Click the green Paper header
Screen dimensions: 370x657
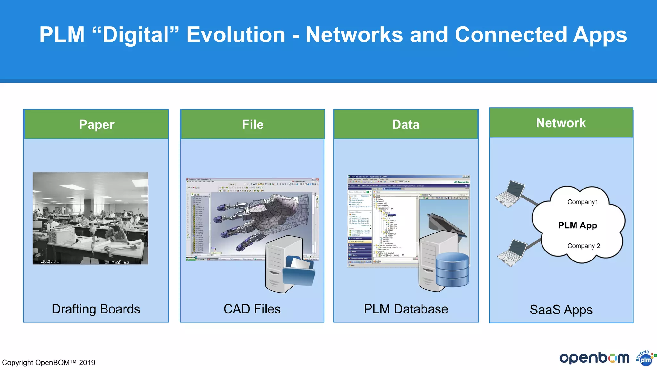[x=96, y=125]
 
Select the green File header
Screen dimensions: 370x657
[x=252, y=125]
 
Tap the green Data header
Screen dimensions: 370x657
[x=406, y=125]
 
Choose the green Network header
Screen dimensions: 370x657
[x=561, y=123]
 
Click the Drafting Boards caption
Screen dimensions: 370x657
[x=96, y=309]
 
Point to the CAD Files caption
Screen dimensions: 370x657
[x=252, y=309]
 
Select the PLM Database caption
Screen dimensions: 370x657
[x=406, y=309]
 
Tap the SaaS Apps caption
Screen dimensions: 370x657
[x=561, y=310]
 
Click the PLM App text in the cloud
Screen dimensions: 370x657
[x=577, y=225]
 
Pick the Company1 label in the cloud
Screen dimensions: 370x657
[x=583, y=202]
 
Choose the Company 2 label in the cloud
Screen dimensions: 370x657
[x=584, y=246]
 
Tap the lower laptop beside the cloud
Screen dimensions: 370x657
[x=513, y=253]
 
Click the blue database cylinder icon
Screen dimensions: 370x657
[x=452, y=270]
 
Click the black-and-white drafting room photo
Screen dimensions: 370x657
[x=90, y=218]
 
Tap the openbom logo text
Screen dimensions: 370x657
[x=594, y=358]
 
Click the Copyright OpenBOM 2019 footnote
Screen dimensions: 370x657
[x=49, y=363]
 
